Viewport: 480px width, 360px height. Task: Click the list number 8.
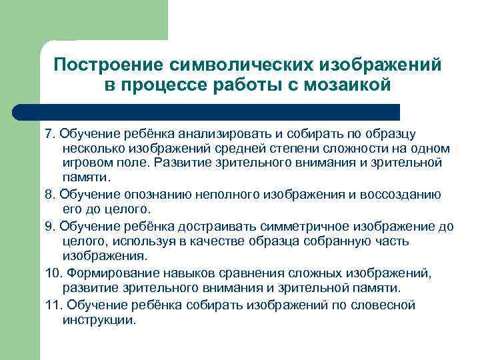coord(49,195)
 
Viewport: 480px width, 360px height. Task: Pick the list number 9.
coord(49,226)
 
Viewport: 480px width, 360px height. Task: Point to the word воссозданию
coord(404,195)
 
